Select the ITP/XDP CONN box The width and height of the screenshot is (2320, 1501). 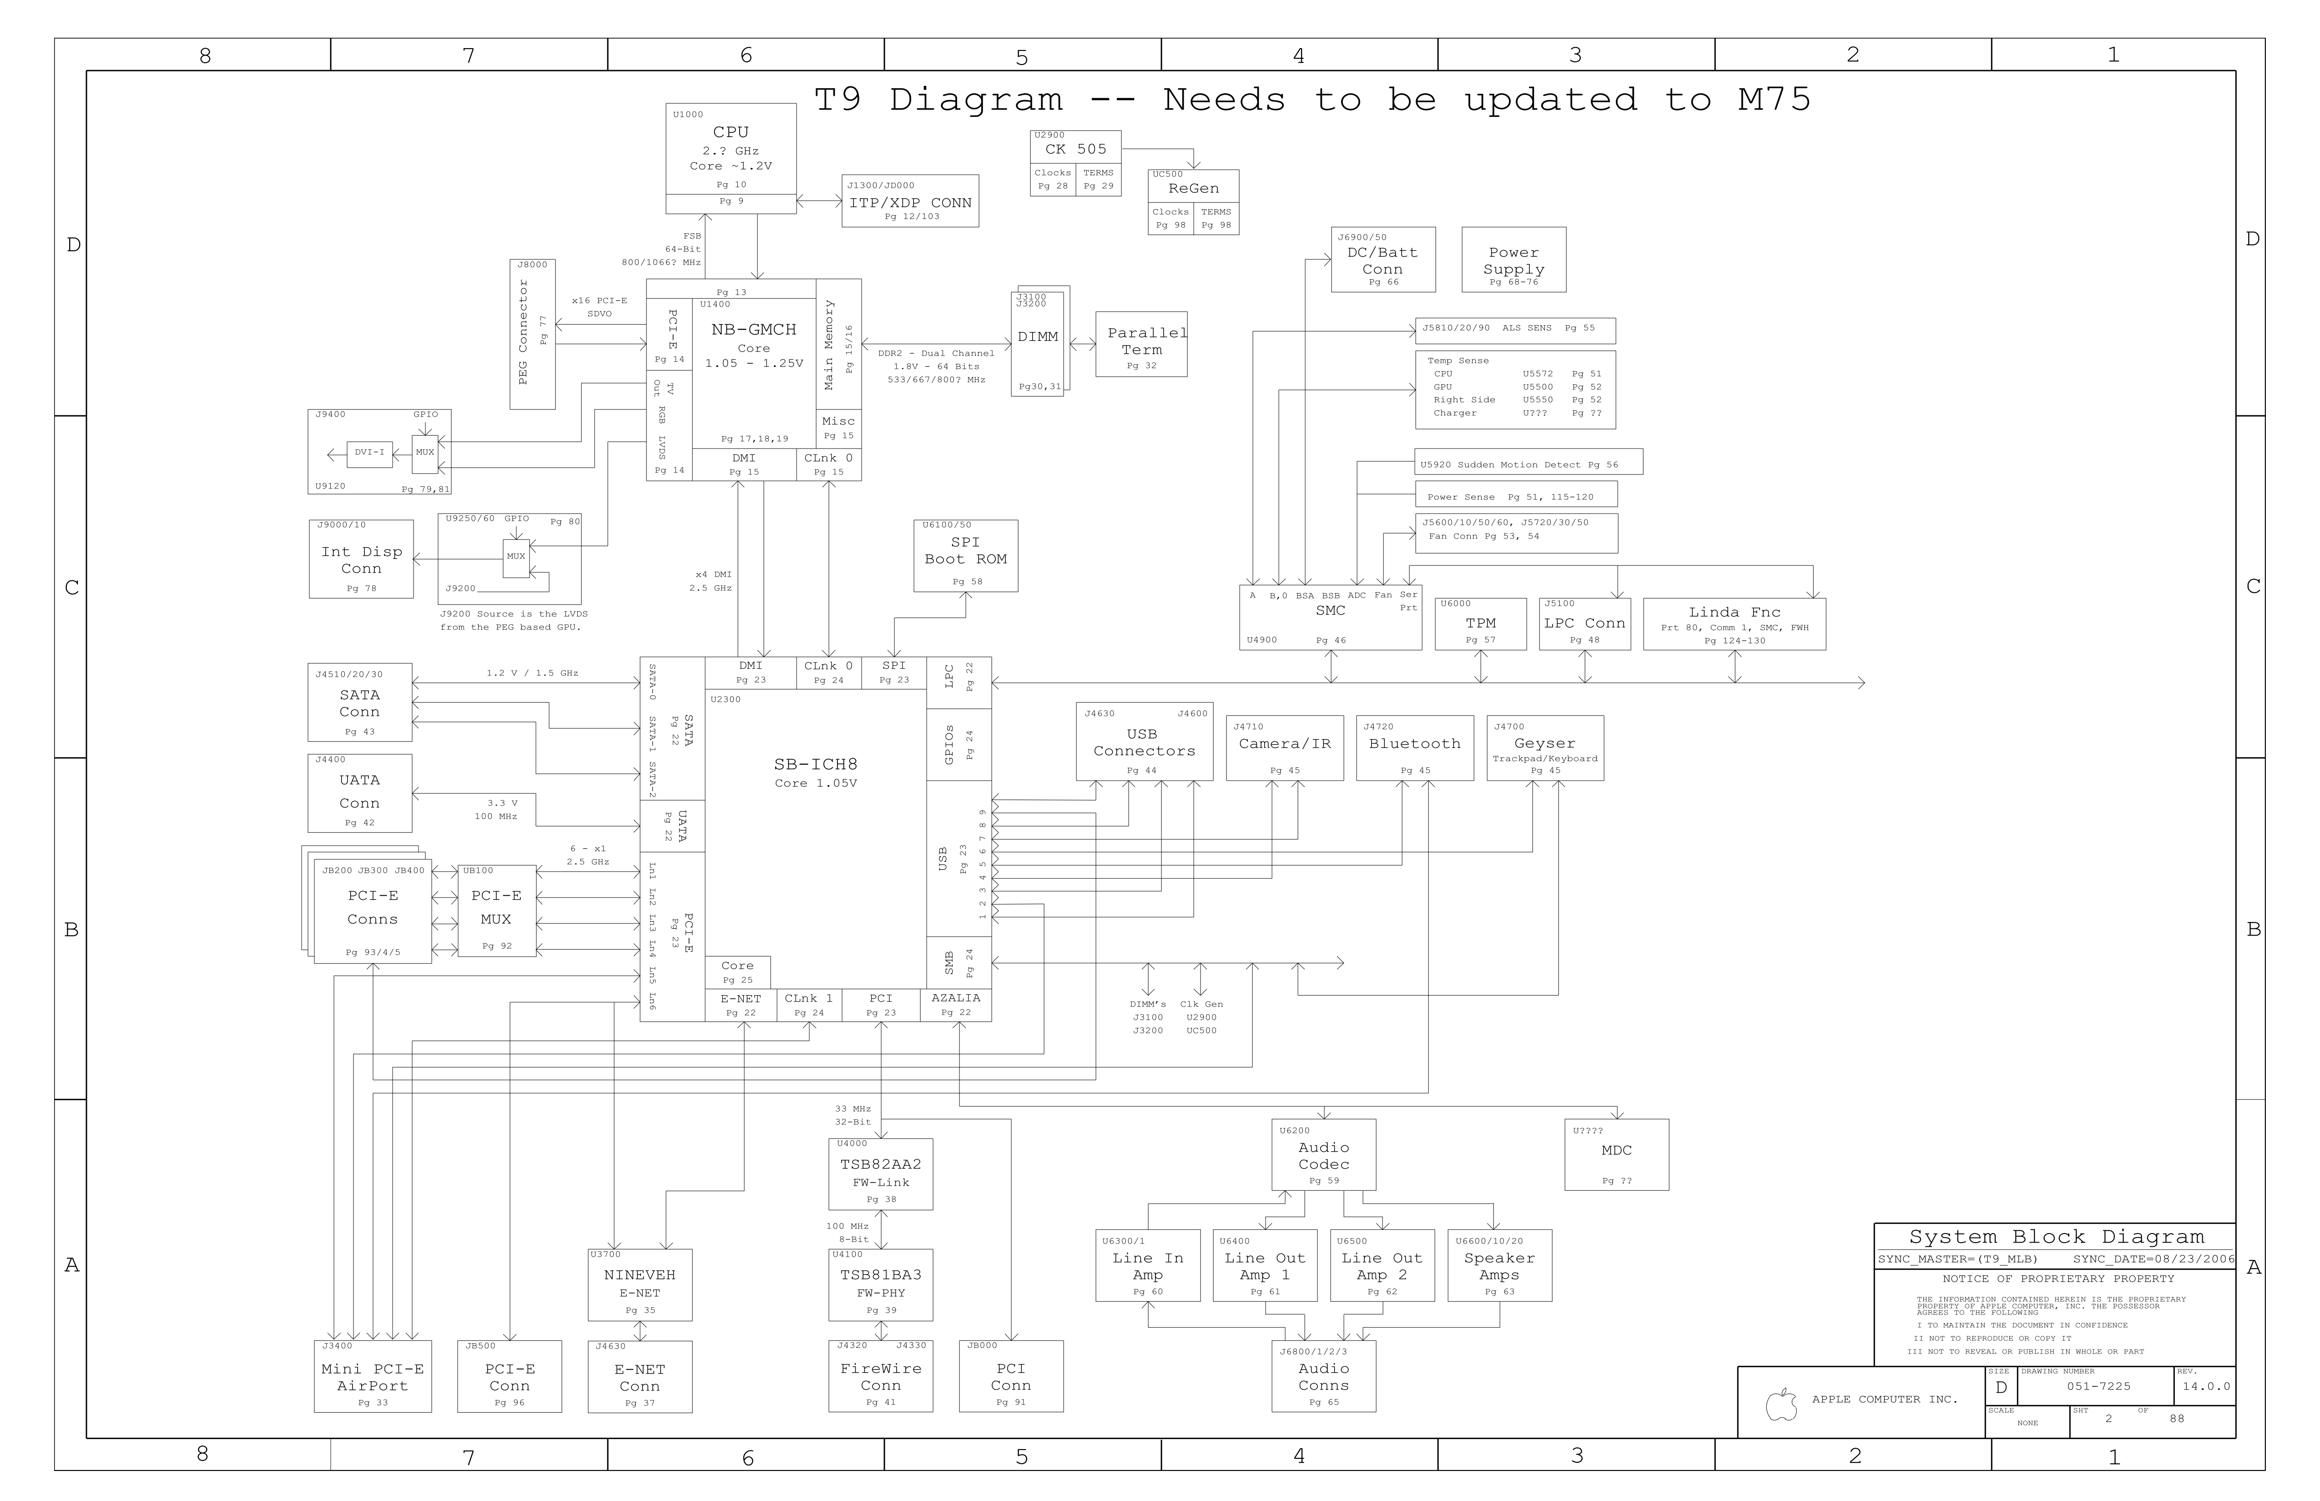click(909, 201)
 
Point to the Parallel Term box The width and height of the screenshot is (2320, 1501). click(1140, 344)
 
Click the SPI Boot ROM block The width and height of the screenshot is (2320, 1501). click(965, 555)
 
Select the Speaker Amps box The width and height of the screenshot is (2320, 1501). click(1499, 1265)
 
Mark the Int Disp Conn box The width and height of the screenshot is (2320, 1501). click(361, 559)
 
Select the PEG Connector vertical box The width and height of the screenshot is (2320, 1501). click(532, 334)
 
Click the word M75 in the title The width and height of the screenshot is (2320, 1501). click(1774, 100)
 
